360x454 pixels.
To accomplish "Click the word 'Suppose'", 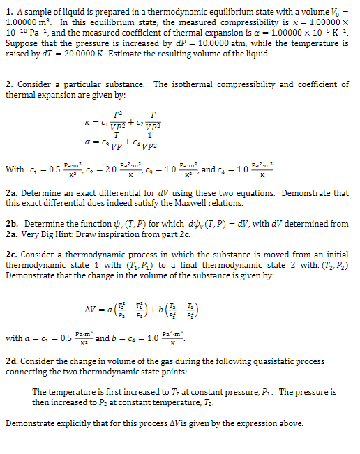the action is (x=20, y=45).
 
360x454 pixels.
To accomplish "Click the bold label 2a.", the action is (x=11, y=193).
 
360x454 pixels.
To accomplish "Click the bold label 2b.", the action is (x=11, y=224).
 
